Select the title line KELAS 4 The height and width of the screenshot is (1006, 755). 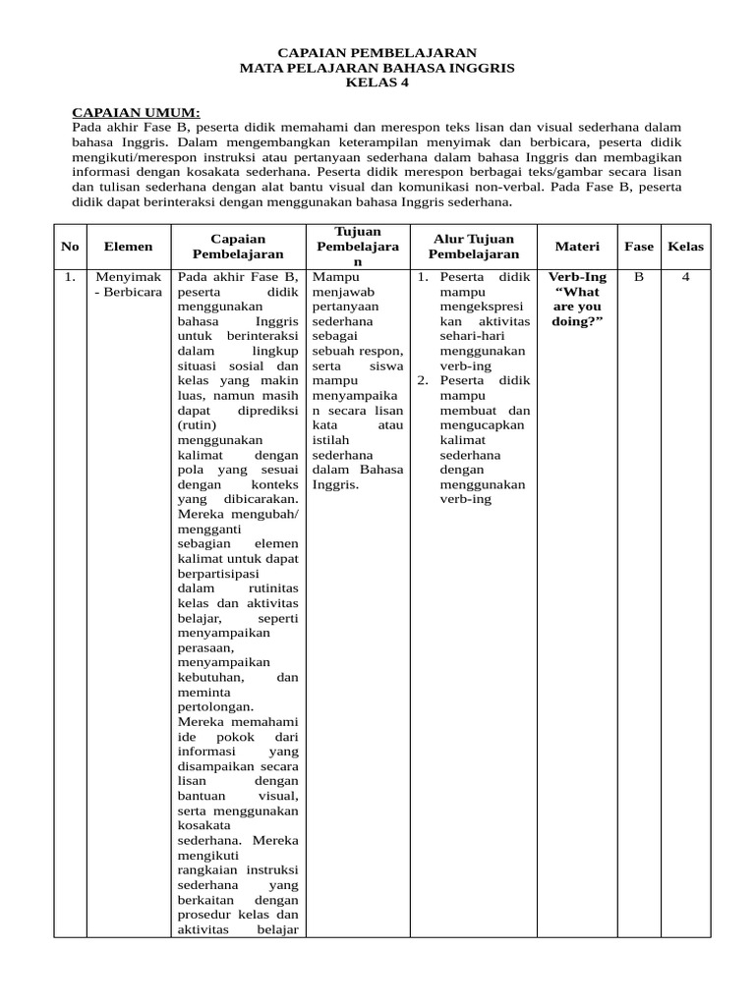pyautogui.click(x=377, y=83)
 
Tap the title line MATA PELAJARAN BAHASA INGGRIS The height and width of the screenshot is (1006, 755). pyautogui.click(x=377, y=68)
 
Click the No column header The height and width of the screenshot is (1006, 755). pyautogui.click(x=70, y=247)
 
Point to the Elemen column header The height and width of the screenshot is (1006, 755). pyautogui.click(x=128, y=247)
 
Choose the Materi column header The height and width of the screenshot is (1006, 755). pyautogui.click(x=576, y=247)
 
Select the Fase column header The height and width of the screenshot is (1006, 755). pyautogui.click(x=639, y=247)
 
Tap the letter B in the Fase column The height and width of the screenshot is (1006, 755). pyautogui.click(x=639, y=277)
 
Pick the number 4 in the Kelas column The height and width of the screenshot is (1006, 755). pyautogui.click(x=686, y=277)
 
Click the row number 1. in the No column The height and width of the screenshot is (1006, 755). pyautogui.click(x=70, y=277)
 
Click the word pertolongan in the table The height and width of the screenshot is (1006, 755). pyautogui.click(x=216, y=706)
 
